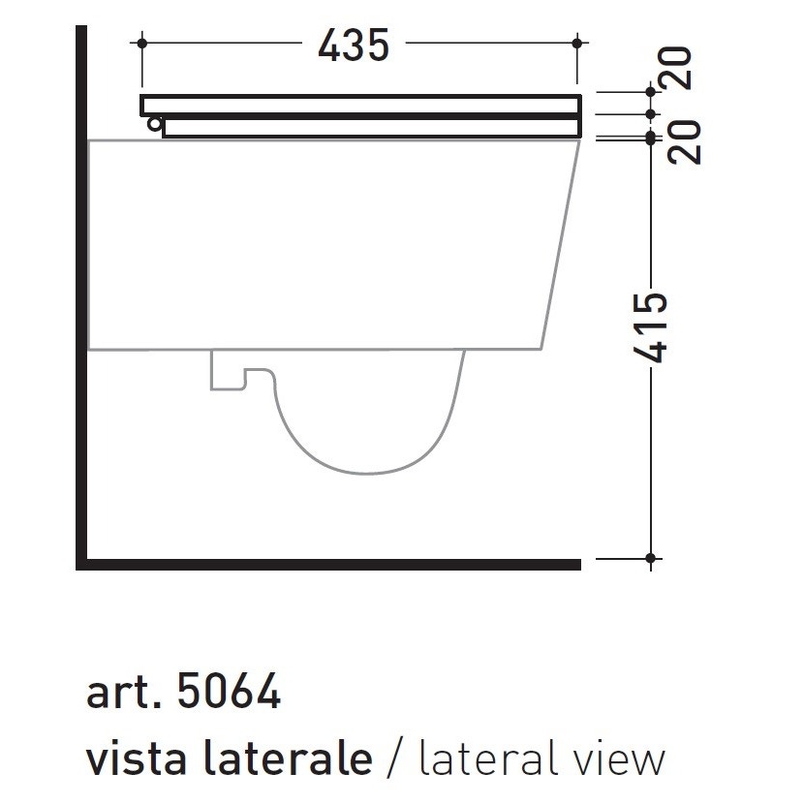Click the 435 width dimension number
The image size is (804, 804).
(354, 45)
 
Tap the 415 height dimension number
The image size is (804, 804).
(656, 327)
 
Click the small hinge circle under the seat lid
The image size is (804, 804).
(154, 123)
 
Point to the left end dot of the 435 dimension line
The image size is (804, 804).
(142, 43)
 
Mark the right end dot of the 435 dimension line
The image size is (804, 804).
(577, 43)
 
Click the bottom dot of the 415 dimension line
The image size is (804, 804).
(651, 558)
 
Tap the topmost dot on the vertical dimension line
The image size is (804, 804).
(651, 91)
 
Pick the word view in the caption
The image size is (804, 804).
(616, 758)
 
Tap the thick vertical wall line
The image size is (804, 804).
(82, 291)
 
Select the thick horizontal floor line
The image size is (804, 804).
(329, 564)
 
